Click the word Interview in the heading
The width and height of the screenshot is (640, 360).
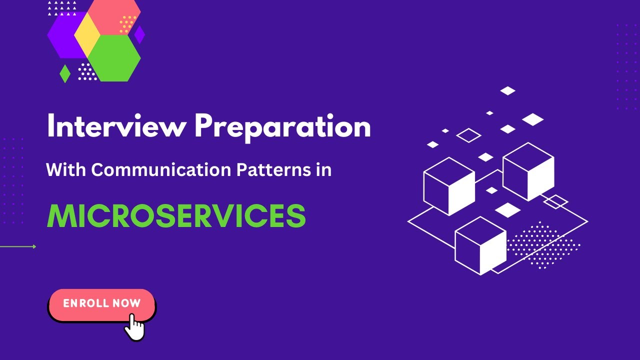click(116, 127)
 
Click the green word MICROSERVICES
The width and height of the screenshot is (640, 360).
click(176, 216)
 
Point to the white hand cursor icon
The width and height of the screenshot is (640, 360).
click(134, 327)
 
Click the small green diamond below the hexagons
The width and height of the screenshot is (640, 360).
click(65, 73)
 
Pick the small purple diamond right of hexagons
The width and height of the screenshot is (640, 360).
click(139, 34)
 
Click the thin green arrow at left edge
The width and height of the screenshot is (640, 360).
click(18, 246)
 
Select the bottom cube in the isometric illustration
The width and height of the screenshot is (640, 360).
click(480, 245)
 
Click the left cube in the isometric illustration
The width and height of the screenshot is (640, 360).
click(449, 186)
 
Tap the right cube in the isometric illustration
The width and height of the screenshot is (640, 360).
click(528, 171)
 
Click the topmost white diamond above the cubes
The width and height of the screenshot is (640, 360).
click(508, 90)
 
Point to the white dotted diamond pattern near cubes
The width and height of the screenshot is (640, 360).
click(543, 244)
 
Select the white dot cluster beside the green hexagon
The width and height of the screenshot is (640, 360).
click(87, 72)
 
